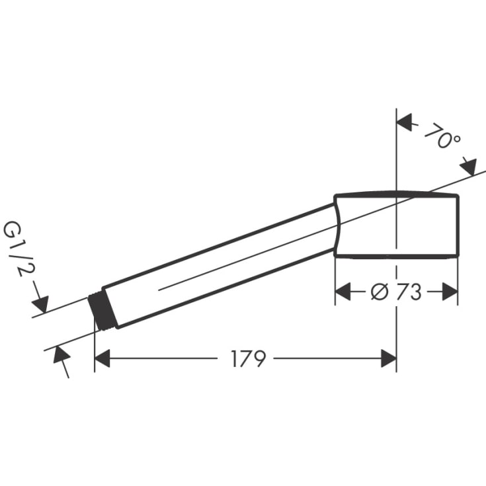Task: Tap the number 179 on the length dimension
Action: click(x=248, y=359)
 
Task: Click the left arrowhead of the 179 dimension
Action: click(x=103, y=359)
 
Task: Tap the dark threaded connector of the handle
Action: click(x=103, y=313)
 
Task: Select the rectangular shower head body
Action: click(x=397, y=225)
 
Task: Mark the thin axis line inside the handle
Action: click(x=218, y=268)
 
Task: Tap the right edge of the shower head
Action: click(x=458, y=225)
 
